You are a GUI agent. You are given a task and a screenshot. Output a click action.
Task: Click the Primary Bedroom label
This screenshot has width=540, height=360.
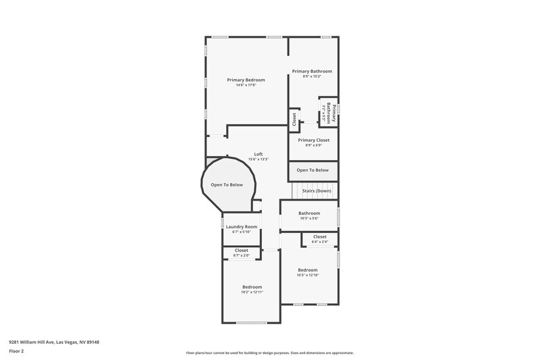tap(246, 80)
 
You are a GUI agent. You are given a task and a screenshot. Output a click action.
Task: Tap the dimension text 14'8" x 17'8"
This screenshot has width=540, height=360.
tap(246, 85)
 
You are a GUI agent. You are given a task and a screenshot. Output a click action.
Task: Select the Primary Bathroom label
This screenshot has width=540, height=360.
tap(311, 71)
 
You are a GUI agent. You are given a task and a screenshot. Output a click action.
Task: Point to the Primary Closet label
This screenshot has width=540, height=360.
tap(314, 140)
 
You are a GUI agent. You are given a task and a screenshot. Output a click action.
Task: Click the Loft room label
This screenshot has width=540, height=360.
tap(259, 154)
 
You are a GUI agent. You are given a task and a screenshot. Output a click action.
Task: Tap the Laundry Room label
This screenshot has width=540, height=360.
tap(241, 226)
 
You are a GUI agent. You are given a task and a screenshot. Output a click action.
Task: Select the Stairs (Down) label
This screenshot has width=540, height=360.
tap(316, 191)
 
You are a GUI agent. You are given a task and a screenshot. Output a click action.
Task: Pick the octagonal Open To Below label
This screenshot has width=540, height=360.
tap(227, 184)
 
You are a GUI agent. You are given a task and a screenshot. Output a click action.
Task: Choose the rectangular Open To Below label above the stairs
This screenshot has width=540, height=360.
tap(313, 170)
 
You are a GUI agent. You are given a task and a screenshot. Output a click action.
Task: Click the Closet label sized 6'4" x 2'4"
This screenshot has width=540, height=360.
tap(320, 236)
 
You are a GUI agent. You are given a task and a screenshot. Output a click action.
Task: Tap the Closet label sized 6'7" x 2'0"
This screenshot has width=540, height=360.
tap(241, 251)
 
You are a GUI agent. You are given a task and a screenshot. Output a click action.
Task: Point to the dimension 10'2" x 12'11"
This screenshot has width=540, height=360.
tap(252, 292)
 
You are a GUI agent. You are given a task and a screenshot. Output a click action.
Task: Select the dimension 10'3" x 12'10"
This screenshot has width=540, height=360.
tap(307, 276)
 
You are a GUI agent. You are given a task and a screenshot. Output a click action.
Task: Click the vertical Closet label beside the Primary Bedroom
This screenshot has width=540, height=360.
tap(294, 119)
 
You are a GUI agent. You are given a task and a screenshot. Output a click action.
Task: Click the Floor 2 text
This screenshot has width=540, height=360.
tap(17, 351)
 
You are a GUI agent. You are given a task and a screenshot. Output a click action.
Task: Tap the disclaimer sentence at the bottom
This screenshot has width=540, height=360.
tap(270, 353)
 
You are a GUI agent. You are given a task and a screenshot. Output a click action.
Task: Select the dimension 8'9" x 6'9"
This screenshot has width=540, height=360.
tap(314, 145)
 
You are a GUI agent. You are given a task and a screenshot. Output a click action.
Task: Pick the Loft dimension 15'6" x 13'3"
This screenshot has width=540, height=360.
tap(259, 159)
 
